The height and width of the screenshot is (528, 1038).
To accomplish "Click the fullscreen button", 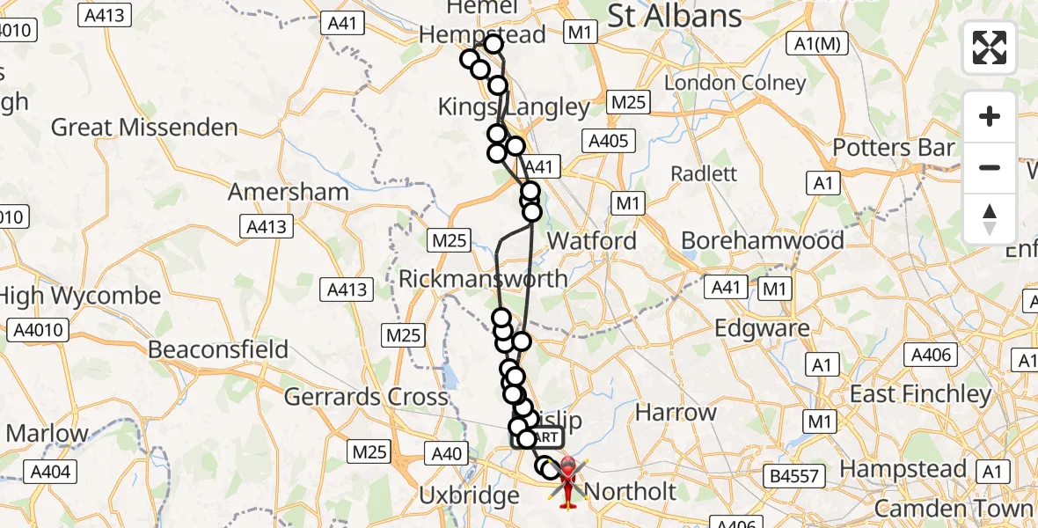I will [x=990, y=48].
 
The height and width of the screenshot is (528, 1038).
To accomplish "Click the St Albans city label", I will [x=675, y=15].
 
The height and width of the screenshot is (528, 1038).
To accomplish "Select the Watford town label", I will [x=591, y=240].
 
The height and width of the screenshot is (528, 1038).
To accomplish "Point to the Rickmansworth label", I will [x=483, y=279].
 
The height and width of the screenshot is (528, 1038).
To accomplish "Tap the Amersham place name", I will [x=289, y=192].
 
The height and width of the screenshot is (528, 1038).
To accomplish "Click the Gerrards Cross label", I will [x=366, y=397].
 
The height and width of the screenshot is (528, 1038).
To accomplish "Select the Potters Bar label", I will [x=894, y=148].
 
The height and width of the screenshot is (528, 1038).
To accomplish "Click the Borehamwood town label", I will [x=763, y=240].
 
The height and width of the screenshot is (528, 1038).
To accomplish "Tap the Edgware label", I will [x=762, y=328].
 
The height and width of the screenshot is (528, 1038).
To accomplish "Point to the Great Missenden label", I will [x=144, y=128].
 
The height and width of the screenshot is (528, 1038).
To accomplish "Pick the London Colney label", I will [x=735, y=83].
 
